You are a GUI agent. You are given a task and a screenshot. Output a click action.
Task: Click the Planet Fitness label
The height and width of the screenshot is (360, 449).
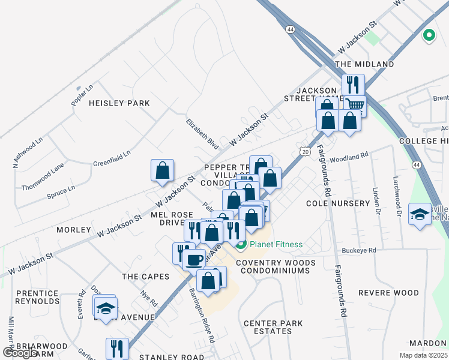pyautogui.click(x=276, y=244)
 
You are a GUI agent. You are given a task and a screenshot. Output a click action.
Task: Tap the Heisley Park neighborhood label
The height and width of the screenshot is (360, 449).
pyautogui.click(x=119, y=103)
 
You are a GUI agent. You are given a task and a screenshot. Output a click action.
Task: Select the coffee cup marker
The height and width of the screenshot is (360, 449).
pyautogui.click(x=194, y=260)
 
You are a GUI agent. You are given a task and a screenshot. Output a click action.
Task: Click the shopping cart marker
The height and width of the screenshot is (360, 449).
pyautogui.click(x=355, y=106)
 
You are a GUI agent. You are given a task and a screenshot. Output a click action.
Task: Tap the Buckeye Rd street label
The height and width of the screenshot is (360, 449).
pyautogui.click(x=358, y=250)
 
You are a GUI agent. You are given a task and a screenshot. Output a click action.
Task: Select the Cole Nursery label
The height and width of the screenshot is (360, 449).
pyautogui.click(x=338, y=203)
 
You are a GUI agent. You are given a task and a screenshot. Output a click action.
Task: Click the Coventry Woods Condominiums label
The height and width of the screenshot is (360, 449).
pyautogui.click(x=276, y=266)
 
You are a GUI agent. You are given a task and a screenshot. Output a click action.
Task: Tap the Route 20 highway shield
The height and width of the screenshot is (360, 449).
pyautogui.click(x=305, y=151)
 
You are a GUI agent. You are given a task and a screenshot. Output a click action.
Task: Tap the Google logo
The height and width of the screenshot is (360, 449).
pyautogui.click(x=19, y=352)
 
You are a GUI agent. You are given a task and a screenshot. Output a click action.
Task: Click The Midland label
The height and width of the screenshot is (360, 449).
pyautogui.click(x=364, y=64)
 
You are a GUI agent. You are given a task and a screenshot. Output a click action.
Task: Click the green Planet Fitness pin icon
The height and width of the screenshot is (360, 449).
pyautogui.click(x=241, y=244)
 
